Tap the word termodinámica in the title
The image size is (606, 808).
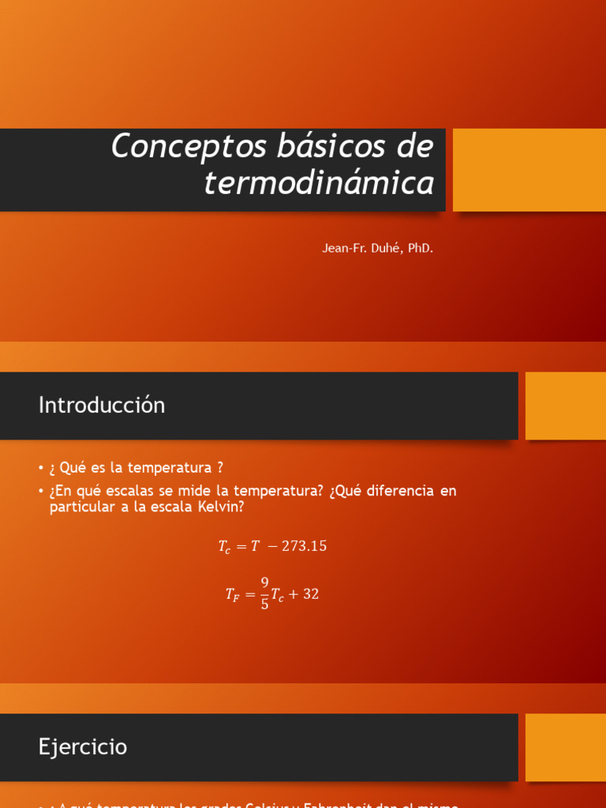coord(319,183)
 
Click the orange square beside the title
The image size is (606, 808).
coord(529,170)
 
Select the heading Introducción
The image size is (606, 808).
coord(102,406)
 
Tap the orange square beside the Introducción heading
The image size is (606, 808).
coord(565,406)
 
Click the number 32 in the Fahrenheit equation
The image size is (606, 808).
coord(311,594)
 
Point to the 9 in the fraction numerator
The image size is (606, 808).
coord(265,582)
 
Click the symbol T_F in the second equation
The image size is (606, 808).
coord(232,596)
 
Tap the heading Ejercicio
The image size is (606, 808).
coord(83,747)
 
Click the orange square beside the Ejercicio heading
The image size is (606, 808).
coord(565,747)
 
